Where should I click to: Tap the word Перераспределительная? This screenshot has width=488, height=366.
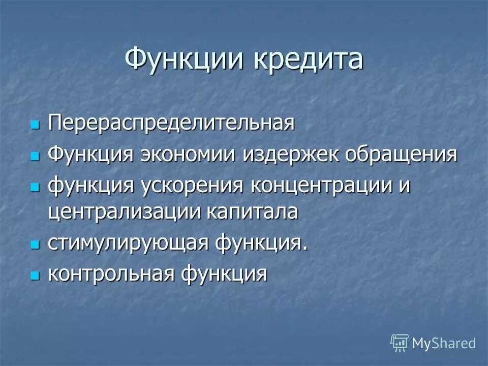(x=171, y=124)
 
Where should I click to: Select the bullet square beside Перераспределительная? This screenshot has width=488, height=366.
(x=35, y=125)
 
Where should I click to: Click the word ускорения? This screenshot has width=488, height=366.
(x=192, y=185)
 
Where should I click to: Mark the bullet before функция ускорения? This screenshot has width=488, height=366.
(x=35, y=187)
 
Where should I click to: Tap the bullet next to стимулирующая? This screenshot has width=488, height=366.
(x=35, y=245)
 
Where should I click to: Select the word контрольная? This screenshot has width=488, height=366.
(x=111, y=273)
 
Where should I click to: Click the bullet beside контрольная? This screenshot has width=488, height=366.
(x=35, y=276)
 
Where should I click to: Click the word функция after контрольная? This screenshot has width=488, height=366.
(x=223, y=273)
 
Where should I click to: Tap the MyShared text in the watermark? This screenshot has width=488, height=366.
(x=444, y=344)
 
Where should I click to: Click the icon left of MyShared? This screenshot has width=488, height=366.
(x=399, y=343)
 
